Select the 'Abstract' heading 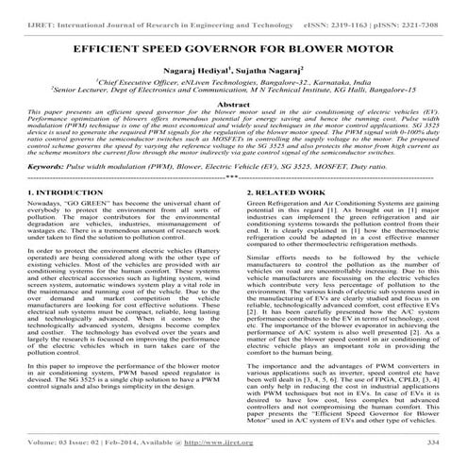coord(233,108)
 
